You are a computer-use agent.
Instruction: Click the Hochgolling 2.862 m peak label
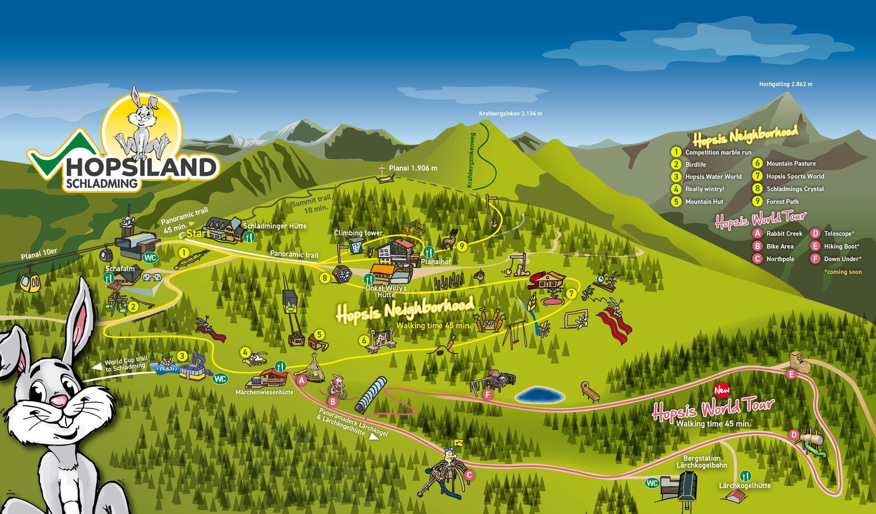coord(785,84)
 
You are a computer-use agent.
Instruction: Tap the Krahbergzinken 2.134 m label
coord(510,114)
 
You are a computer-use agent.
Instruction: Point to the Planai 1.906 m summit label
coord(412,168)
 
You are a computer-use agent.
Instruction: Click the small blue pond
coord(539,395)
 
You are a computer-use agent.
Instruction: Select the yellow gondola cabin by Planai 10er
coord(30,283)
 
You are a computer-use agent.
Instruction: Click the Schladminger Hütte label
coord(275,226)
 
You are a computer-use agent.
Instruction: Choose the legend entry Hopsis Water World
coord(713,177)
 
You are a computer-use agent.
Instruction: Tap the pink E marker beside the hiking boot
coord(791,375)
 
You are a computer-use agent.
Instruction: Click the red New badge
coord(722,390)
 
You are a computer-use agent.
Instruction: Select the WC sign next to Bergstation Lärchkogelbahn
coord(652,483)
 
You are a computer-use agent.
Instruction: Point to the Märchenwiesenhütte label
coord(264,392)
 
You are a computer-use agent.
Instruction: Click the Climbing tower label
coord(358,233)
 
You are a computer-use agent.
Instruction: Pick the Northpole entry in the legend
coord(779,259)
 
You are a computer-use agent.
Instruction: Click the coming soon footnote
coord(842,272)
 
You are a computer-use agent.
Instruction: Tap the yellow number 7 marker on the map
coord(570,294)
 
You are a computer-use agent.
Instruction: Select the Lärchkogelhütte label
coord(744,486)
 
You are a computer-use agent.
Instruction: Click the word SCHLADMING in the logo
coord(102,184)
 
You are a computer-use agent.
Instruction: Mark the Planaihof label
coord(436,262)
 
